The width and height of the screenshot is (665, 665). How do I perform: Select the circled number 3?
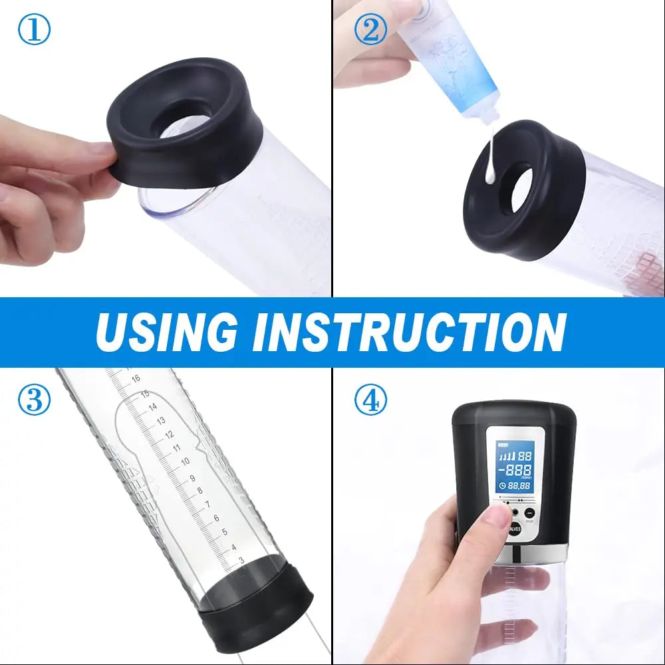pyautogui.click(x=33, y=400)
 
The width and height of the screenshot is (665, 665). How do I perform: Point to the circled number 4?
pyautogui.click(x=370, y=400)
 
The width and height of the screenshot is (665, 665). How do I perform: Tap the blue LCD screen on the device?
pyautogui.click(x=515, y=467)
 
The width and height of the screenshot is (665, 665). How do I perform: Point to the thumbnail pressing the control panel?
pyautogui.click(x=495, y=515)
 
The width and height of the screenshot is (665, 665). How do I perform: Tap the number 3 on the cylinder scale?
pyautogui.click(x=241, y=561)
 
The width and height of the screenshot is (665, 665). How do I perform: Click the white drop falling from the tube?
pyautogui.click(x=489, y=176)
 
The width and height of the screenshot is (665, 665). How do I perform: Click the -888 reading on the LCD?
pyautogui.click(x=515, y=469)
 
